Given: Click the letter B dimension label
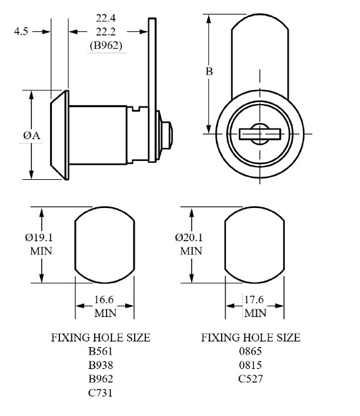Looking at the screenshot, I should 209,71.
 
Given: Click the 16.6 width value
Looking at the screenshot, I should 105,301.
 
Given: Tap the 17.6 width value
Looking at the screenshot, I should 255,301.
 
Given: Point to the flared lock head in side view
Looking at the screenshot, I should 58,135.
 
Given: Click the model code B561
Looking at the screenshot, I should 100,351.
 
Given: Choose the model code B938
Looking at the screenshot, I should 100,365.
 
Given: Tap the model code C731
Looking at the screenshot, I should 100,393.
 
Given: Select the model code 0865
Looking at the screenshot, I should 250,351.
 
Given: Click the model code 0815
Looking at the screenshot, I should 250,365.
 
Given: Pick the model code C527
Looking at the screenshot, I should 250,379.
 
